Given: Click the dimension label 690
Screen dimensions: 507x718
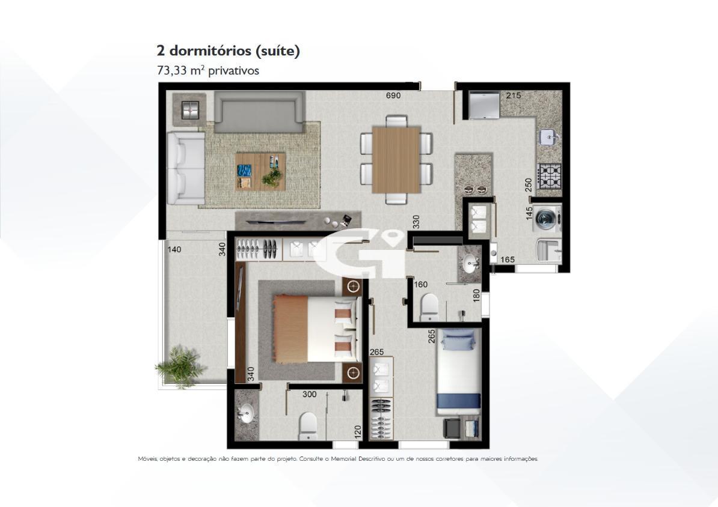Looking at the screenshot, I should pyautogui.click(x=393, y=96).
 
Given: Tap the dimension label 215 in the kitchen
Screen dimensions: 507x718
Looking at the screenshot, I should pyautogui.click(x=513, y=96).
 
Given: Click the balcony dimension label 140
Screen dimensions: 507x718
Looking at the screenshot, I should pyautogui.click(x=174, y=249).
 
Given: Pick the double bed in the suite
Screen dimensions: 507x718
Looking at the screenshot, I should pyautogui.click(x=316, y=328).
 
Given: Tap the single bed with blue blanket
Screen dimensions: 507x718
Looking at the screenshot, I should pyautogui.click(x=461, y=372).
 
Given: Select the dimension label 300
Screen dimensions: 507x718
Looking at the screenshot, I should pyautogui.click(x=309, y=395).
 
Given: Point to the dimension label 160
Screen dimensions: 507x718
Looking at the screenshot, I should pyautogui.click(x=420, y=285).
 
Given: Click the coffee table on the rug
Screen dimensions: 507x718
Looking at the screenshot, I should pyautogui.click(x=260, y=171).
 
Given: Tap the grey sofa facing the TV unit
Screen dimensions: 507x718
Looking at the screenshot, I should pyautogui.click(x=260, y=112).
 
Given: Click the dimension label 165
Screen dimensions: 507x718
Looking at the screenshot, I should pyautogui.click(x=507, y=260).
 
